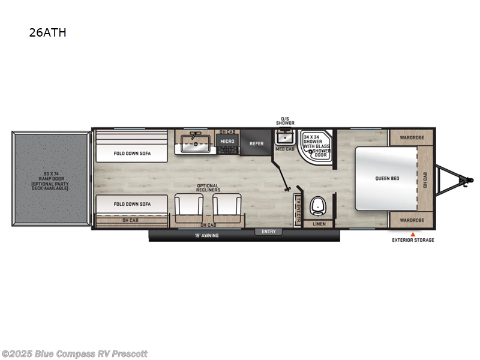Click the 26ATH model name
pos(47,32)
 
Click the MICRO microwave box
pos(227,142)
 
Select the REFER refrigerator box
pos(256,143)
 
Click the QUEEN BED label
pos(387,178)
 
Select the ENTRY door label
pos(268,232)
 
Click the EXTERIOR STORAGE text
pos(413,240)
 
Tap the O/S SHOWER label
pos(285,121)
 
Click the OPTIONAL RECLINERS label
pos(208,188)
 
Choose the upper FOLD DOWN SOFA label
pos(133,153)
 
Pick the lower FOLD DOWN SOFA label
pos(133,204)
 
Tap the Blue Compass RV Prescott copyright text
pos(74,353)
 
